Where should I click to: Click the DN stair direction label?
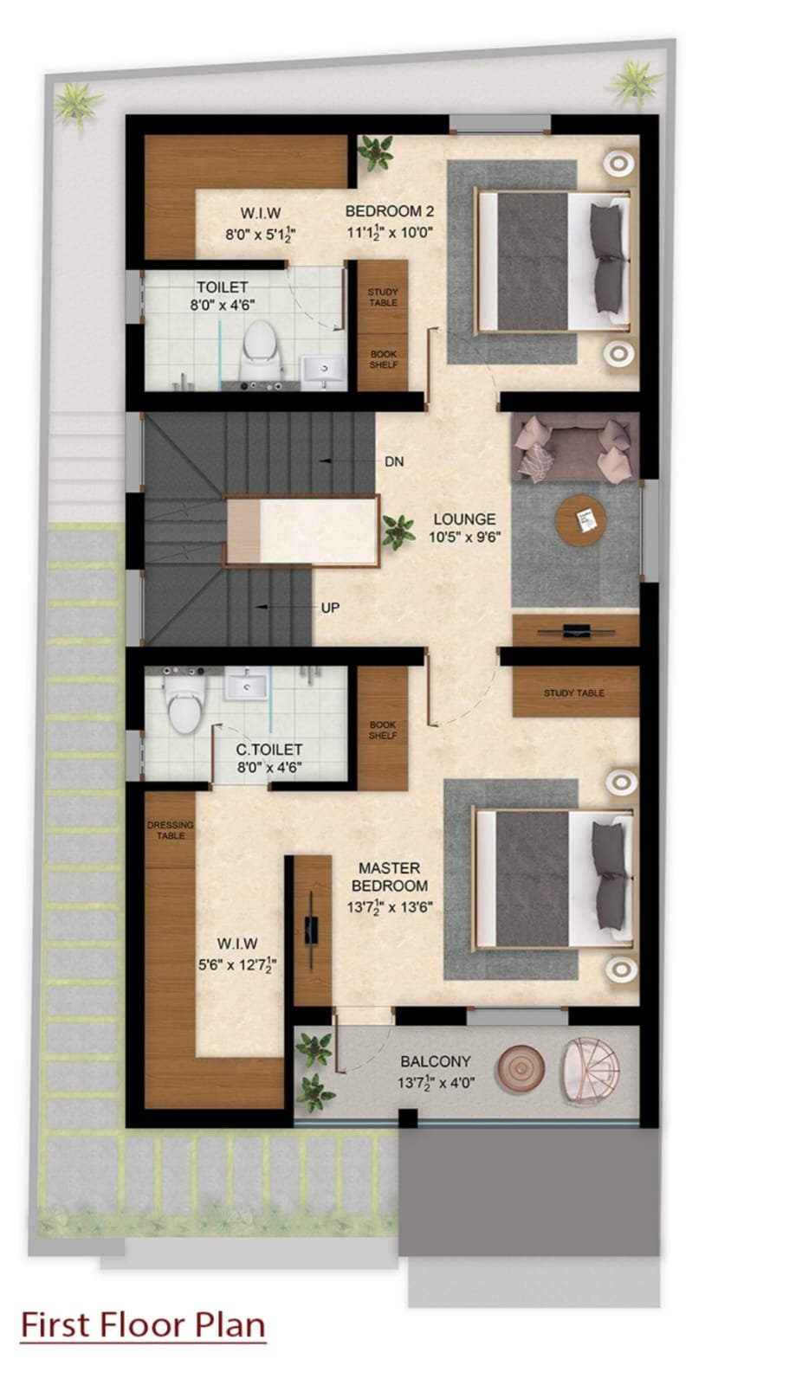coord(394,461)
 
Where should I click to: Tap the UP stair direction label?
coord(330,608)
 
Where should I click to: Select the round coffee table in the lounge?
coord(580,520)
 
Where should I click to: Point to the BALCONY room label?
coord(436,1061)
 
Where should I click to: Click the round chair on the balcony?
coord(591,1069)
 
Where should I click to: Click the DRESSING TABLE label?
coord(170,830)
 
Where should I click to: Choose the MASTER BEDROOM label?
coord(390,877)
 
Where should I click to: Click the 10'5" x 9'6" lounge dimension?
coord(465,537)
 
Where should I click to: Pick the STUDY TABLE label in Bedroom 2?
coord(383,297)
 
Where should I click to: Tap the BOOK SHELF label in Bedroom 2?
coord(384,359)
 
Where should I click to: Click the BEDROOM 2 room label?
coord(390,211)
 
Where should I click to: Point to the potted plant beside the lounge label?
coord(398,531)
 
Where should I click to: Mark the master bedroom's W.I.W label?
coord(237,944)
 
